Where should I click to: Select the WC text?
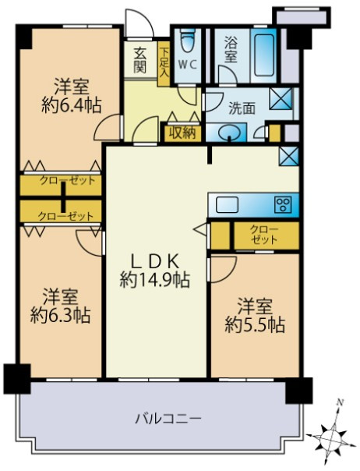pyautogui.click(x=187, y=66)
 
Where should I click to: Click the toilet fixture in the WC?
pyautogui.click(x=188, y=41)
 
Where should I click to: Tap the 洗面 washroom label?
pyautogui.click(x=242, y=109)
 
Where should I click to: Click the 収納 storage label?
pyautogui.click(x=182, y=132)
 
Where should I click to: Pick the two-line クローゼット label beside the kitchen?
pyautogui.click(x=264, y=235)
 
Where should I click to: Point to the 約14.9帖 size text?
pyautogui.click(x=156, y=278)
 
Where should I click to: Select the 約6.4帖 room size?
pyautogui.click(x=68, y=104)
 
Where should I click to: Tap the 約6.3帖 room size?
pyautogui.click(x=60, y=316)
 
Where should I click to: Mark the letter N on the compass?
pyautogui.click(x=339, y=403)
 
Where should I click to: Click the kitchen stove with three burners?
pyautogui.click(x=282, y=205)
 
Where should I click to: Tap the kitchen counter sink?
pyautogui.click(x=228, y=205)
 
